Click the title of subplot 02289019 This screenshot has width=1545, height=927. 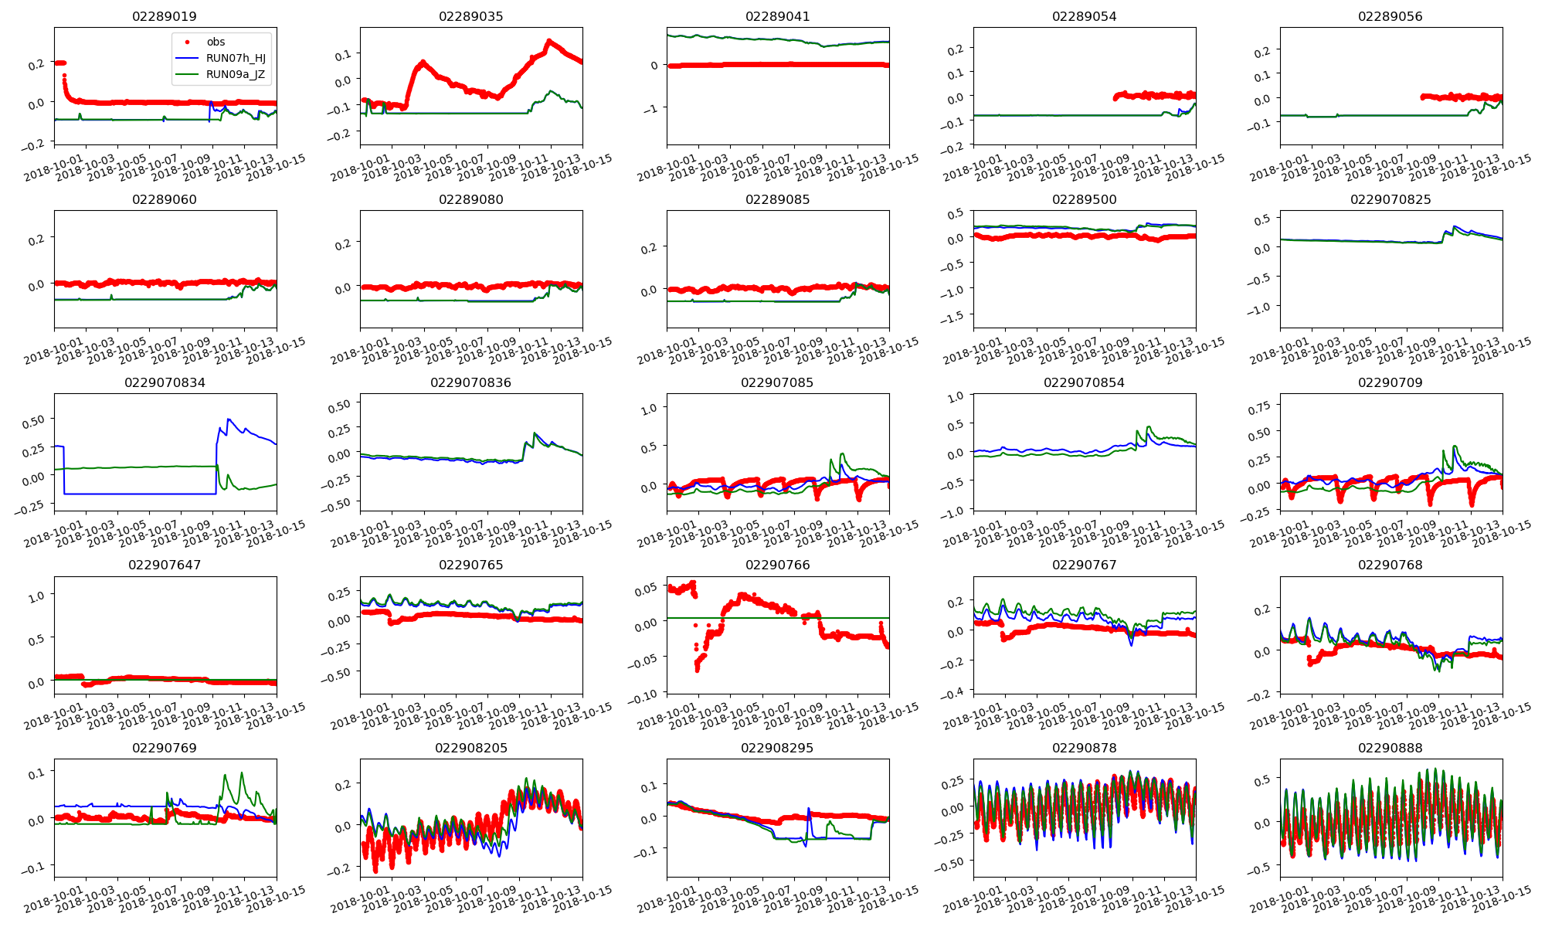pos(165,16)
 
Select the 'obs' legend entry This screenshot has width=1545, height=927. pos(216,42)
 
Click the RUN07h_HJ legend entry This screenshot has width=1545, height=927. pos(236,58)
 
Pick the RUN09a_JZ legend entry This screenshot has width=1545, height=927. pos(236,74)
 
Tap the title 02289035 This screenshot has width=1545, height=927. pos(470,16)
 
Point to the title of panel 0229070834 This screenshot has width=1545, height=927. pos(165,382)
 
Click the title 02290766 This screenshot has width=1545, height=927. pos(777,565)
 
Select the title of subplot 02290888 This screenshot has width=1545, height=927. pos(1390,748)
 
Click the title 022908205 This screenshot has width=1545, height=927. pos(470,748)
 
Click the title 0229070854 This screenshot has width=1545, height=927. pos(1084,382)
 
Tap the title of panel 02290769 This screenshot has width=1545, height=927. pos(165,748)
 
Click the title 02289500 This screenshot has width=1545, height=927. pos(1084,199)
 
